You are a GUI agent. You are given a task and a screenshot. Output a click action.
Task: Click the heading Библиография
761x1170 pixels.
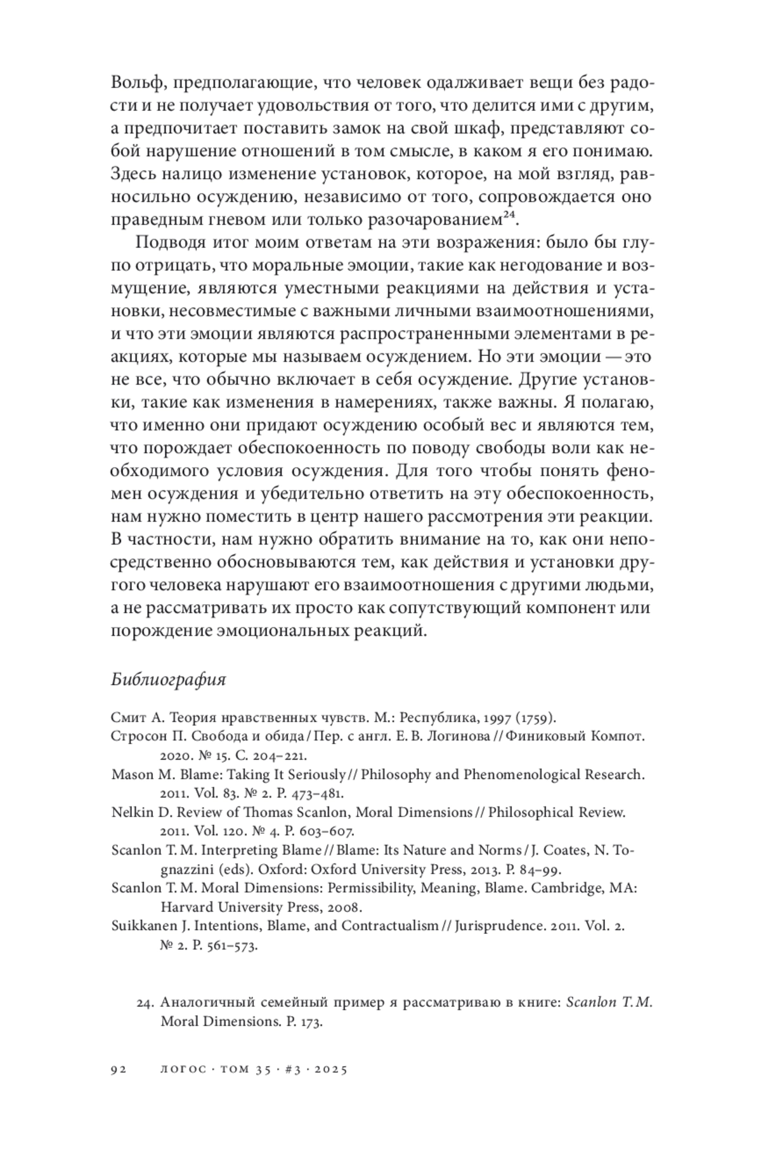point(169,680)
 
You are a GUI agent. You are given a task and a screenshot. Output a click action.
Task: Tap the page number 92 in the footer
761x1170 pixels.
point(119,1069)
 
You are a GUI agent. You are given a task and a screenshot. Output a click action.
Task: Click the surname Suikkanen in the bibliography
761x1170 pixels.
point(147,926)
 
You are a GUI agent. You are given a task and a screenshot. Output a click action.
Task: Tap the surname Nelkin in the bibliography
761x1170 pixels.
point(131,812)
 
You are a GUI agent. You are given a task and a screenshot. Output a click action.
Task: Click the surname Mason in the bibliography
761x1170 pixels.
point(132,775)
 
